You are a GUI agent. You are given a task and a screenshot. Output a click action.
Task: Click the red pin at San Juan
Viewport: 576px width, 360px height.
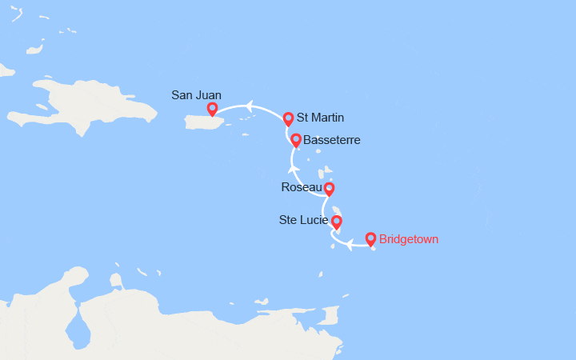[x=212, y=109]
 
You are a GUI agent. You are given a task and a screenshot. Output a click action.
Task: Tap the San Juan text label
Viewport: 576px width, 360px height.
[x=196, y=95]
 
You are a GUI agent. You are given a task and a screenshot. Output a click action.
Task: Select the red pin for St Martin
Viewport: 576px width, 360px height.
[x=288, y=118]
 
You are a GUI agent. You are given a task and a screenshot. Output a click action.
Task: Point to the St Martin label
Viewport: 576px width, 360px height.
[x=320, y=118]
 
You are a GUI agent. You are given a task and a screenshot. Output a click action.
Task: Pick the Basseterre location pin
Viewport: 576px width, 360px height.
[x=296, y=140]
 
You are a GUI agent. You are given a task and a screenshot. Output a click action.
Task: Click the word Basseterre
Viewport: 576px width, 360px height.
[x=332, y=140]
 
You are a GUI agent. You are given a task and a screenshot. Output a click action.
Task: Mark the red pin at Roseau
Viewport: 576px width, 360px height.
[x=328, y=189]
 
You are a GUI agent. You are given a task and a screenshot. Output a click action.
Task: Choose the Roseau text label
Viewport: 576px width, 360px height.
[x=301, y=187]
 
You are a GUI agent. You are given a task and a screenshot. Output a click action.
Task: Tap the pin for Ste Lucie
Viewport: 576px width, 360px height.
[x=337, y=222]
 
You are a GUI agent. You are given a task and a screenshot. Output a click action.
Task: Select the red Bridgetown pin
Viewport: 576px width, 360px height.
[x=370, y=238]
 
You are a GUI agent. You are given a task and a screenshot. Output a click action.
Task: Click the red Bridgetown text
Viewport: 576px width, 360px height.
[x=409, y=238]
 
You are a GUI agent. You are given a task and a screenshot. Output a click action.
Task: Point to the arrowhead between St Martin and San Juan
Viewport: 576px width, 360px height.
[x=250, y=106]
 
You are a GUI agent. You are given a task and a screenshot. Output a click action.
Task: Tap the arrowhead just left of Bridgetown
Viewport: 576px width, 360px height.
[x=350, y=244]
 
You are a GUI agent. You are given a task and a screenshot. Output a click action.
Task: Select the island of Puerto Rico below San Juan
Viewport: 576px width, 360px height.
[x=206, y=122]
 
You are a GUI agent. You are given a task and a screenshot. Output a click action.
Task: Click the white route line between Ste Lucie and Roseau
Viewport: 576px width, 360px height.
[x=324, y=206]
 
